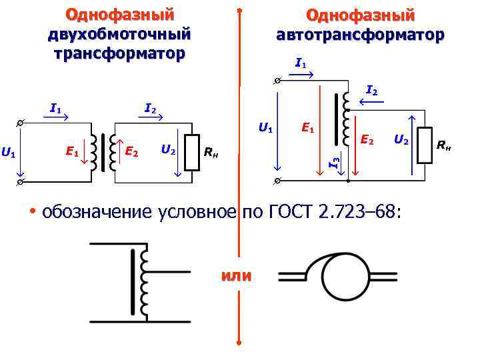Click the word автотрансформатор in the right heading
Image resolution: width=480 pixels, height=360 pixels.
(x=360, y=35)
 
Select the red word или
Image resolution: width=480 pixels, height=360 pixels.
(x=235, y=275)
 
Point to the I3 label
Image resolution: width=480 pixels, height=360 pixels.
(x=337, y=160)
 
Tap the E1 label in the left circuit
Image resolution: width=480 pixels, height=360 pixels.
(x=72, y=152)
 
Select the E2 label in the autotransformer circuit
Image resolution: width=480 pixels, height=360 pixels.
(x=366, y=139)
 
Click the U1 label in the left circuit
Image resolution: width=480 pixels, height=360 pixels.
(x=8, y=153)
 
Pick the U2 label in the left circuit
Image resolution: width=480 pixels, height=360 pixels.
(x=169, y=151)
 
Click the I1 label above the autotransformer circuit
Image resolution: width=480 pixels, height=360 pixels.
(x=300, y=64)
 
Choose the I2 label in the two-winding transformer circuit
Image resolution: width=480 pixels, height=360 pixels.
(x=151, y=108)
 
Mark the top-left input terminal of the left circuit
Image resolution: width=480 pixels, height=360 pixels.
(x=21, y=123)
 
